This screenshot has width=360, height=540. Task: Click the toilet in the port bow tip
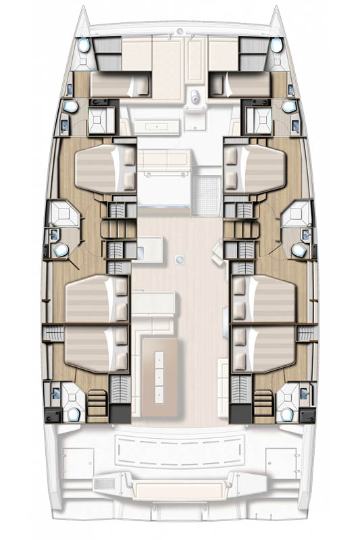pyautogui.click(x=83, y=46)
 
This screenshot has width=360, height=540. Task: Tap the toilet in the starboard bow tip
pyautogui.click(x=276, y=46)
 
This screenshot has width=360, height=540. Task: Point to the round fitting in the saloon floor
pyautogui.click(x=180, y=258)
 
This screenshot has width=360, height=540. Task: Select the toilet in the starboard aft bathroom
pyautogui.click(x=288, y=413)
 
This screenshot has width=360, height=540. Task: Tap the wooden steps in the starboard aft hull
pyautogui.click(x=263, y=406)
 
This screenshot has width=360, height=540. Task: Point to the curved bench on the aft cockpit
pyautogui.click(x=180, y=448)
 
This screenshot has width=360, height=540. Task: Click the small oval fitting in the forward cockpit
pyautogui.click(x=197, y=94)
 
